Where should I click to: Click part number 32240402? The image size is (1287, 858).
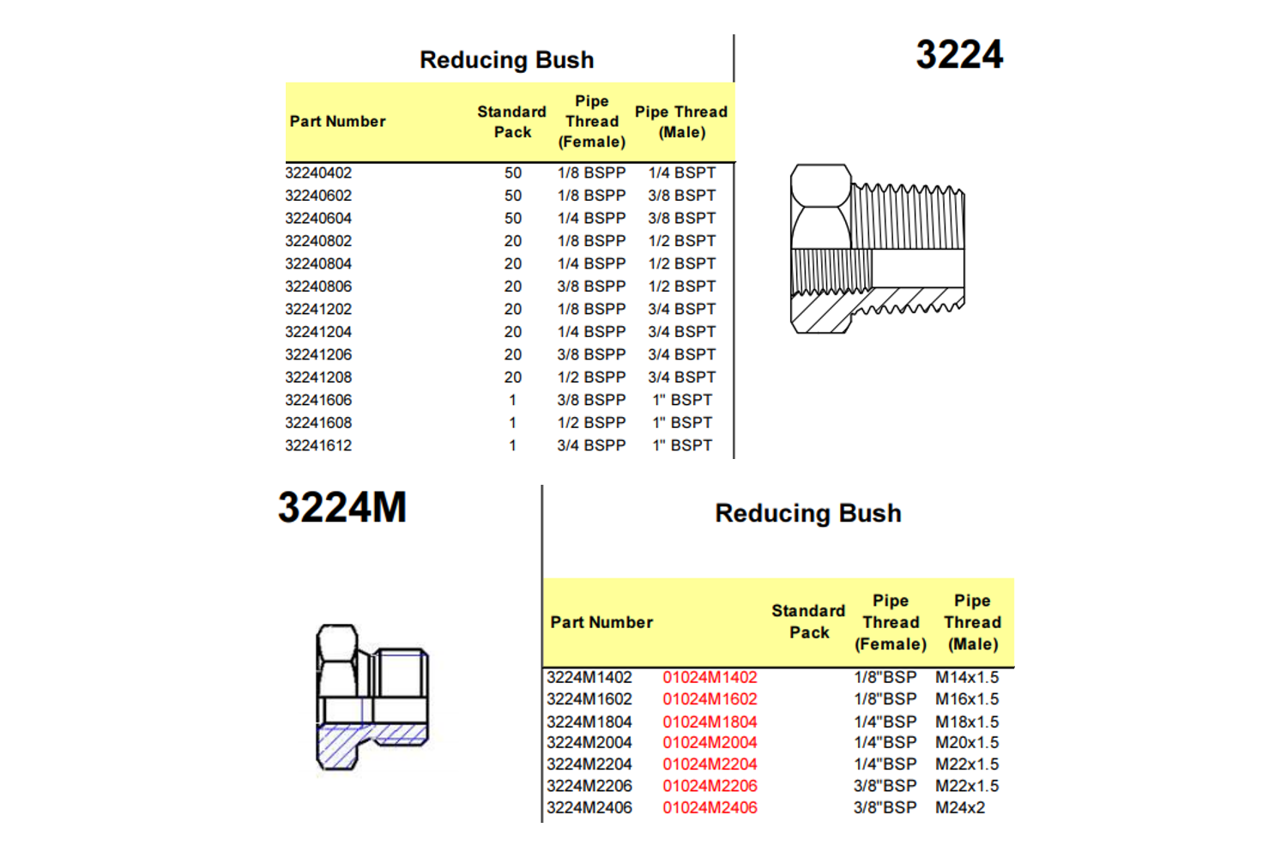[318, 173]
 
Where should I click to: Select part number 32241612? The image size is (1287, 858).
[318, 445]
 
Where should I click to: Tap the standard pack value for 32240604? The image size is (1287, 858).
[512, 219]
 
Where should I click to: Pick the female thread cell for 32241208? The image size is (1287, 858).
[591, 378]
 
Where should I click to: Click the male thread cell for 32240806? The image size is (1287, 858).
[682, 287]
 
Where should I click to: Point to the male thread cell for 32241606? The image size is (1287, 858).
[682, 400]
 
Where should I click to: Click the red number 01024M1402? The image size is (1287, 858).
[710, 678]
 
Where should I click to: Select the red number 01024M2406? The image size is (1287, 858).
[710, 808]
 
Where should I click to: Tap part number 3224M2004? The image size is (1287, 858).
[589, 743]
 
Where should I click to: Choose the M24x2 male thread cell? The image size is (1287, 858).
[959, 808]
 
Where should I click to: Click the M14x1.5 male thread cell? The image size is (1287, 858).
[967, 678]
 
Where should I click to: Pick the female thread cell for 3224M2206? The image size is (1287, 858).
[885, 786]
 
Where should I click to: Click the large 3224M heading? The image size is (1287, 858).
[342, 507]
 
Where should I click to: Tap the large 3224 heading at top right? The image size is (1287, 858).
[959, 55]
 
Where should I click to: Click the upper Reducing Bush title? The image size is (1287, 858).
[507, 60]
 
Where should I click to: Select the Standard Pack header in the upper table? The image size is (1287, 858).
[512, 122]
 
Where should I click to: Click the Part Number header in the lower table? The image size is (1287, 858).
[601, 622]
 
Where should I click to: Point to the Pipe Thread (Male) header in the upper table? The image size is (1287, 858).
[681, 122]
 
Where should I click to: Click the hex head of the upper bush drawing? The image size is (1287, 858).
[820, 207]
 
